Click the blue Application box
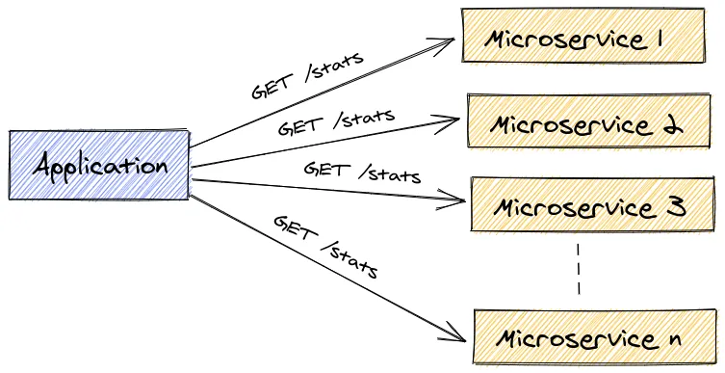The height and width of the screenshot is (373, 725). tap(99, 165)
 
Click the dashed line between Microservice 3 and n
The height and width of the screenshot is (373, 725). tap(579, 270)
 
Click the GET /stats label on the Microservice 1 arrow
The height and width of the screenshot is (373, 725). tap(307, 75)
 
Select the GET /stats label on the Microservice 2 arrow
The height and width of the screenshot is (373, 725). tap(336, 121)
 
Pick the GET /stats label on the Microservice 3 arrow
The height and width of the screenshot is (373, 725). tap(362, 172)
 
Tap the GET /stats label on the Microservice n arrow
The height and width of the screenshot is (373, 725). tap(325, 247)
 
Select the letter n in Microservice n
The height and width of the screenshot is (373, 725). tap(673, 340)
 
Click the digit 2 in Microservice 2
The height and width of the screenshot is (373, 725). tap(671, 125)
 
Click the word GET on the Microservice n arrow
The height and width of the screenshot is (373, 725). tap(294, 228)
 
